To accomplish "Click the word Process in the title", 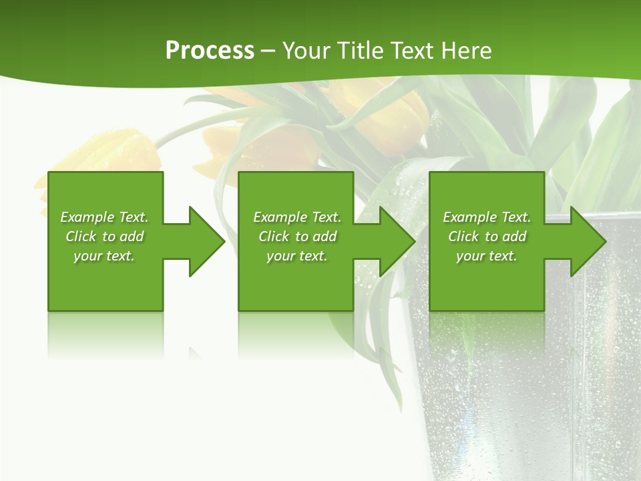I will click(x=210, y=51).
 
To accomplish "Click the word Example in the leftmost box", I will click(x=87, y=217).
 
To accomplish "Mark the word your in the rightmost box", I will click(x=470, y=256).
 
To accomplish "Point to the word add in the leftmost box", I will click(x=132, y=236).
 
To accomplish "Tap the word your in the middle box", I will click(x=280, y=256).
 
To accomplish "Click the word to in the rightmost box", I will click(x=492, y=236).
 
